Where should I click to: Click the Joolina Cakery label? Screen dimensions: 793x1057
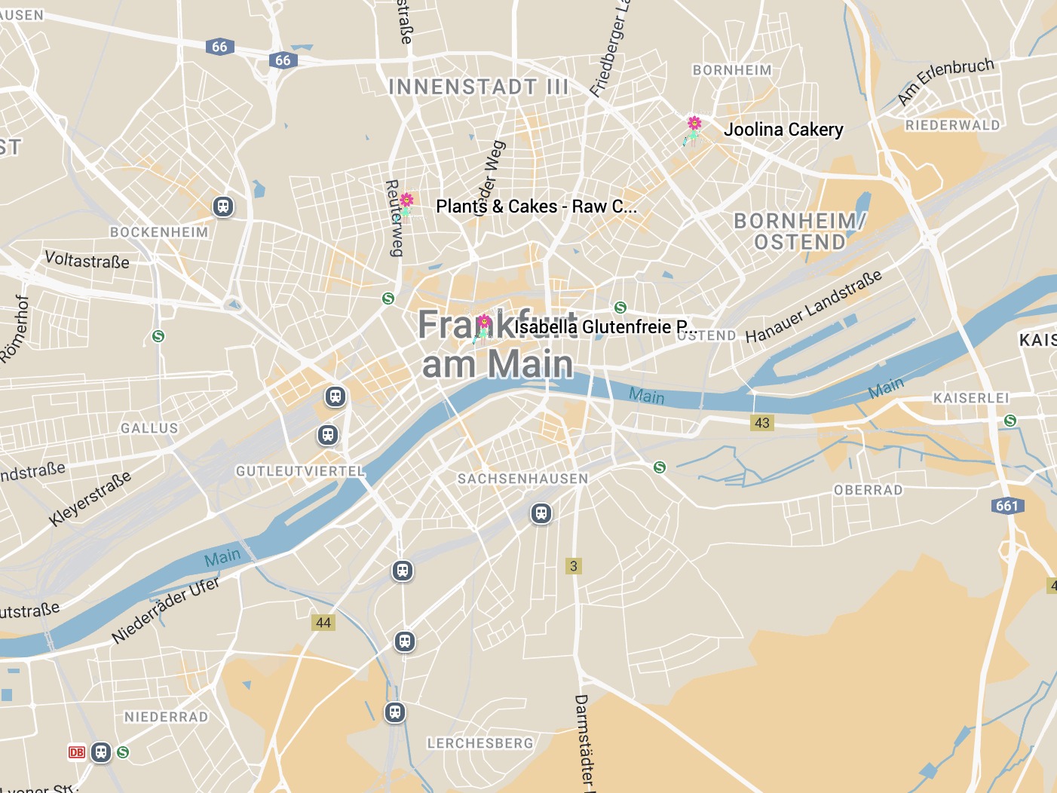(x=783, y=130)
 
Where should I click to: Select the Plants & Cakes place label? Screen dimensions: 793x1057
(x=536, y=207)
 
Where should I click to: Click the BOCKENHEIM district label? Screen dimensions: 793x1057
(x=159, y=232)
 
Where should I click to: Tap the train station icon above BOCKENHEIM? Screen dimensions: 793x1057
(x=223, y=207)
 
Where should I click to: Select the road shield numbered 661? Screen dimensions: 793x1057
(x=1007, y=506)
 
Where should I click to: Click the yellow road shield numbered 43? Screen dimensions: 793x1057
(x=762, y=423)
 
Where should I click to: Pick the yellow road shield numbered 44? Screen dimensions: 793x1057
(x=323, y=623)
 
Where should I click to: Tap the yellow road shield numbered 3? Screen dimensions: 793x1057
(x=574, y=566)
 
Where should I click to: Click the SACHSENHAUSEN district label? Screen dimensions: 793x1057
(x=522, y=479)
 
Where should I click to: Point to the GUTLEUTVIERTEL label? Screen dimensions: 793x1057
(x=300, y=471)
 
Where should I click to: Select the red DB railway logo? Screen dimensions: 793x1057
(x=77, y=752)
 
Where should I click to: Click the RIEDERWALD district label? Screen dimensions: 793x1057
(x=953, y=125)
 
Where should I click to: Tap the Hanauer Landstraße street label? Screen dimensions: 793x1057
(x=813, y=307)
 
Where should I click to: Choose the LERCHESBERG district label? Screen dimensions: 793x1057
(x=480, y=743)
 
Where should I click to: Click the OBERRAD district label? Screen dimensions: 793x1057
(x=869, y=490)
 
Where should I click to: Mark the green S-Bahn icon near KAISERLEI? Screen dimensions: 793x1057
(x=1010, y=421)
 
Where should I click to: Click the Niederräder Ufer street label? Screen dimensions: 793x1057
(x=165, y=611)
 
